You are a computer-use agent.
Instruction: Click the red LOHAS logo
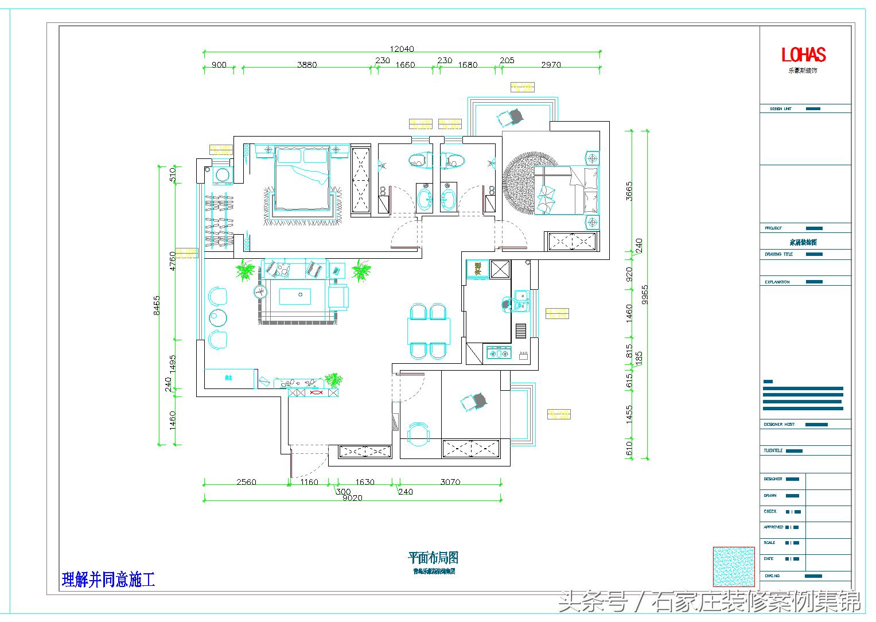click(x=803, y=55)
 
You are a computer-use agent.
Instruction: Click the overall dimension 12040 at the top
click(x=402, y=49)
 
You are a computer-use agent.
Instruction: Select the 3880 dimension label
click(x=307, y=65)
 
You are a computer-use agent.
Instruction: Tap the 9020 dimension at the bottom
click(x=352, y=498)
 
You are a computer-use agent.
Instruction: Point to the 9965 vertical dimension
click(x=645, y=295)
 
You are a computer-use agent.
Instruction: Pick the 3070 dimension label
click(x=450, y=482)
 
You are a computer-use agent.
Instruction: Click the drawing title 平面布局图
click(x=433, y=557)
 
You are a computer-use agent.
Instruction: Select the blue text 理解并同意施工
click(x=108, y=580)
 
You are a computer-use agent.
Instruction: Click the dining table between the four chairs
click(x=429, y=331)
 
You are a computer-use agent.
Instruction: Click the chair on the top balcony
click(x=511, y=117)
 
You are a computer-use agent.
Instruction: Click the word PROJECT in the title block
click(x=773, y=228)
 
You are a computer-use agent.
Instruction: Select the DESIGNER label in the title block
click(x=772, y=479)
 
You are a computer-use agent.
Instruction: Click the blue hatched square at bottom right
click(x=733, y=567)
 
